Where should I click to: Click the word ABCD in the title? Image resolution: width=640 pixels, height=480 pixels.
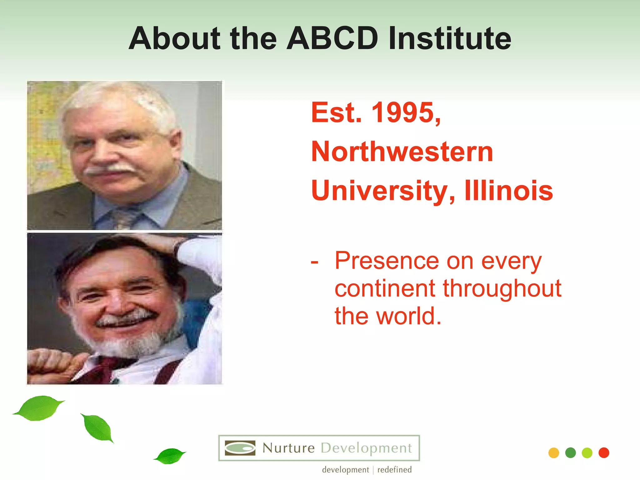[x=332, y=38]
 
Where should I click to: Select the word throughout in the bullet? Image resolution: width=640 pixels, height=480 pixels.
[x=502, y=289]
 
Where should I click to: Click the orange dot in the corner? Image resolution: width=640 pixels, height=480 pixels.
[x=553, y=453]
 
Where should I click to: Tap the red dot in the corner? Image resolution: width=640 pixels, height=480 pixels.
[x=604, y=452]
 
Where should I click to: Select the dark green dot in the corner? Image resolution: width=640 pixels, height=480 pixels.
[x=570, y=452]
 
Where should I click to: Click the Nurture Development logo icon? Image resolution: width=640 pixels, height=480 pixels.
[x=240, y=448]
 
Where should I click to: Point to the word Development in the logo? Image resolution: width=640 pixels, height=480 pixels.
[x=366, y=448]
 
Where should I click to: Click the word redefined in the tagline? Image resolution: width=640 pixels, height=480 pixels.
[x=394, y=470]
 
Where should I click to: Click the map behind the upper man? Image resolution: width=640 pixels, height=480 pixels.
[x=44, y=137]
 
